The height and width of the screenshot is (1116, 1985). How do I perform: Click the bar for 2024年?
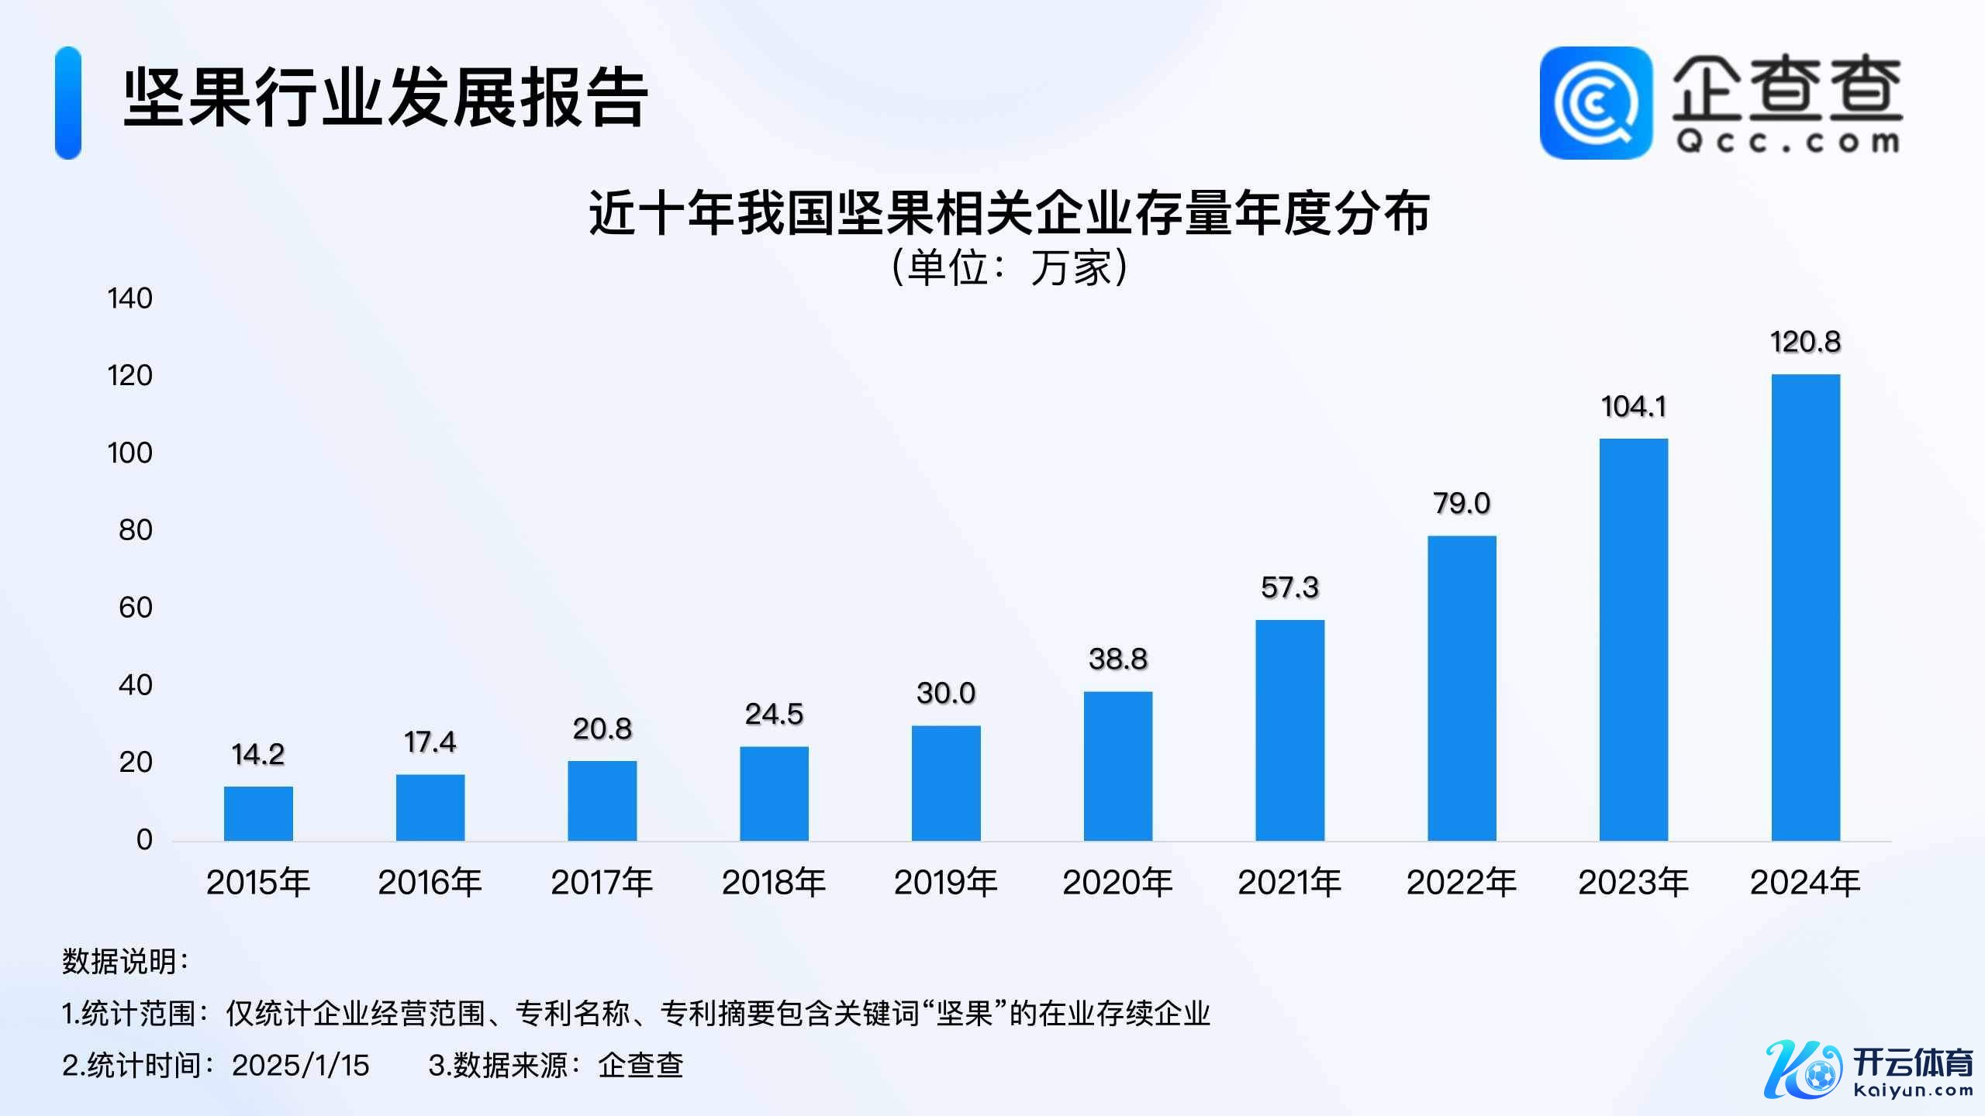click(x=1805, y=608)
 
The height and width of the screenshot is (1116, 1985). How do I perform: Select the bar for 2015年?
click(x=258, y=814)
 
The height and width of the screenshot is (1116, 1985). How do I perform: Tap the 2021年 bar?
click(x=1289, y=730)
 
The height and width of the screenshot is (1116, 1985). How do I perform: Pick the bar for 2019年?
click(x=946, y=783)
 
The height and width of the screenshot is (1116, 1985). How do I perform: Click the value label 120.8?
click(x=1805, y=342)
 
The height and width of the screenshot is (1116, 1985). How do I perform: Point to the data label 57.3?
click(x=1289, y=587)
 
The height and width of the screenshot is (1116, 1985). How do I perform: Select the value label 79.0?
click(x=1462, y=504)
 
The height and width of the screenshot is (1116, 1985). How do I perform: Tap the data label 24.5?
click(x=774, y=714)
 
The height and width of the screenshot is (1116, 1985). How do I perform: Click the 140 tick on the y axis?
click(x=129, y=298)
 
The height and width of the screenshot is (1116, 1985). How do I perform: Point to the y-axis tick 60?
click(x=135, y=608)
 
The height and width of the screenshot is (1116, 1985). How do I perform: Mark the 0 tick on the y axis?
click(x=144, y=839)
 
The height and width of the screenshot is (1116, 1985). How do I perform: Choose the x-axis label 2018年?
click(x=774, y=883)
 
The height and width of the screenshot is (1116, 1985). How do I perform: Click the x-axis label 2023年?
click(x=1633, y=883)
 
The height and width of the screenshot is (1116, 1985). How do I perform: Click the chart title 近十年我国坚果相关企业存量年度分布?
click(x=1009, y=213)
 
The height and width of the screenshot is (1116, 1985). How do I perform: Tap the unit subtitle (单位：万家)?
click(x=1009, y=268)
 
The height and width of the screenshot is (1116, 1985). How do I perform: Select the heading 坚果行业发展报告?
click(x=385, y=98)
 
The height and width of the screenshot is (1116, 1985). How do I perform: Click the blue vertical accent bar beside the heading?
click(x=68, y=103)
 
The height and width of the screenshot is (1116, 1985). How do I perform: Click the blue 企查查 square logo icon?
click(x=1595, y=103)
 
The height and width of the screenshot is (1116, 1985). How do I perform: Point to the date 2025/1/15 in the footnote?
click(x=301, y=1066)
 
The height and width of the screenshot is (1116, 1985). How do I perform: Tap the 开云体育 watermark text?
click(x=1912, y=1063)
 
